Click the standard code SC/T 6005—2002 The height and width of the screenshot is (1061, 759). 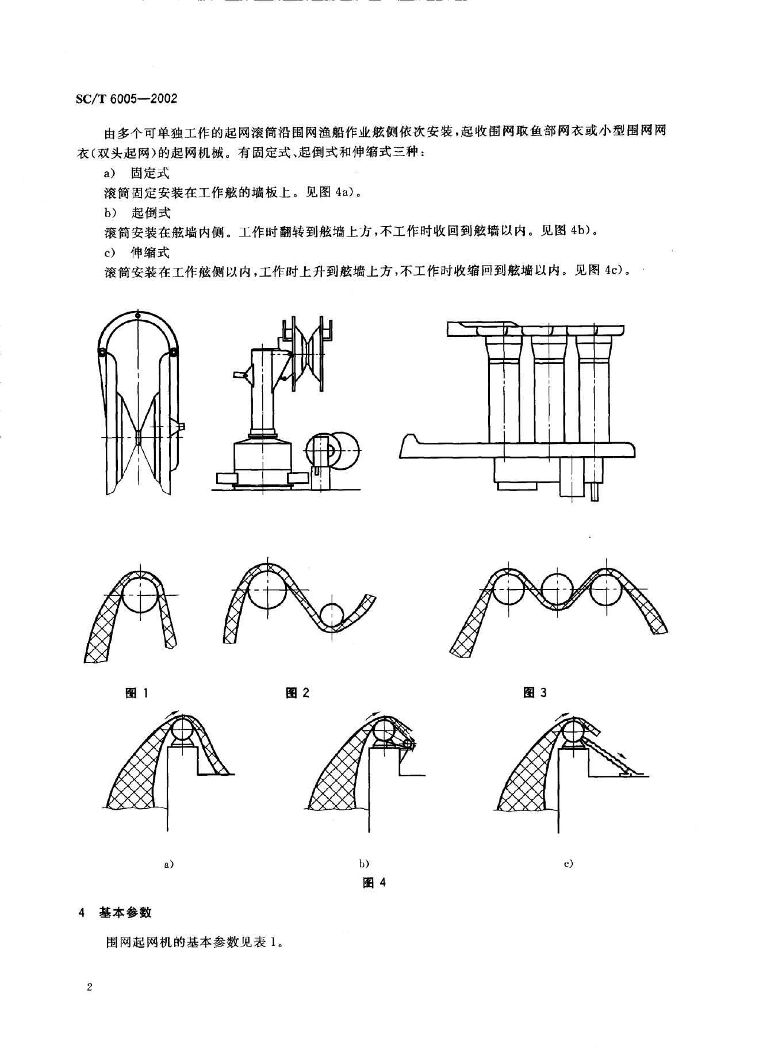click(x=126, y=98)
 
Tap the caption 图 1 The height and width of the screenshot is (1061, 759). click(x=137, y=693)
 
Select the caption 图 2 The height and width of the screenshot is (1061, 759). click(x=297, y=693)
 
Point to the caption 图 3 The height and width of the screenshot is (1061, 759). click(x=535, y=693)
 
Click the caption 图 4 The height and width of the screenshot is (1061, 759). click(x=374, y=882)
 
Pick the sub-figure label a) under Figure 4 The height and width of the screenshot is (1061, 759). click(x=169, y=864)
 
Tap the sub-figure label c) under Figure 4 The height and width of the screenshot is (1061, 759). click(x=569, y=864)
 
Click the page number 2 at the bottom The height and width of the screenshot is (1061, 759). click(x=89, y=988)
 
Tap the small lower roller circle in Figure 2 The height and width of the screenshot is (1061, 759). click(x=331, y=615)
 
